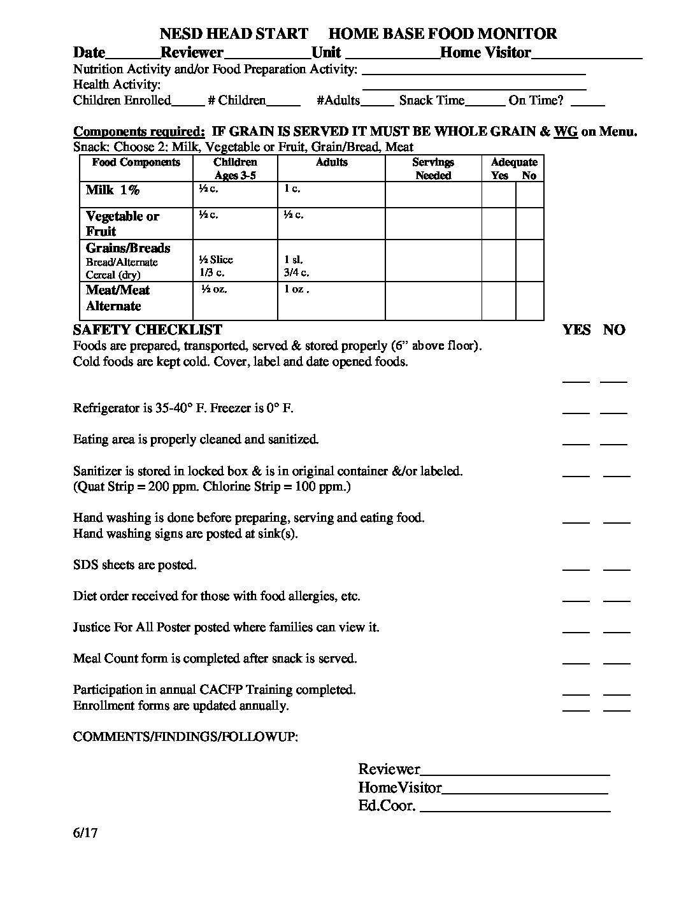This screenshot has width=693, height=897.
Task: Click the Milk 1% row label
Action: (x=112, y=190)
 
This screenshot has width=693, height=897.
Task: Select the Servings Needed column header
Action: (x=433, y=169)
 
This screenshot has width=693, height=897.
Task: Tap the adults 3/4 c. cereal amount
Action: (x=296, y=273)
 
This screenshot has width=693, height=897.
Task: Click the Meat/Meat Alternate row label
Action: (x=118, y=298)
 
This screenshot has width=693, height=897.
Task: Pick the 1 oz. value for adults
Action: (x=296, y=289)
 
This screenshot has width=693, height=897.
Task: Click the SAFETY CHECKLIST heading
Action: (x=148, y=329)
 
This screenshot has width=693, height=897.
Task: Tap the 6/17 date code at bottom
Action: (x=85, y=833)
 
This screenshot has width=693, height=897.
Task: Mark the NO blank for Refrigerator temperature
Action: (x=613, y=410)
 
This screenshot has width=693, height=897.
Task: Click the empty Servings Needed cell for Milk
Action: (x=433, y=195)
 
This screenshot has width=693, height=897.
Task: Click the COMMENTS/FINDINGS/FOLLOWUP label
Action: (x=185, y=736)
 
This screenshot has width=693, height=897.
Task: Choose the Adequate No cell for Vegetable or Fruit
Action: (x=529, y=223)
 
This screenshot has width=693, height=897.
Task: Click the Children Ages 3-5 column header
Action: (x=235, y=169)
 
